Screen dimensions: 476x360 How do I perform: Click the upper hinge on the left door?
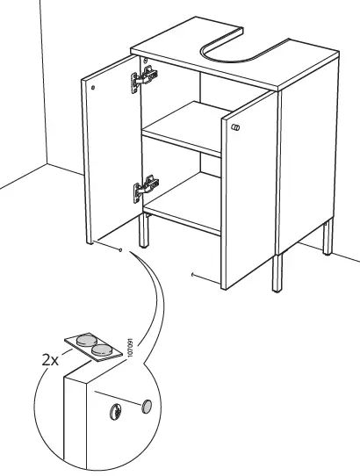[x=144, y=82]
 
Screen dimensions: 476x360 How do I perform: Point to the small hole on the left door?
[x=93, y=87]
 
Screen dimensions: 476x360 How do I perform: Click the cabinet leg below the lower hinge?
[x=143, y=234]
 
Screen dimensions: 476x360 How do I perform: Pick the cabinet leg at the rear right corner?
[x=330, y=239]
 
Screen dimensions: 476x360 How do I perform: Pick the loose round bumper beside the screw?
[x=147, y=405]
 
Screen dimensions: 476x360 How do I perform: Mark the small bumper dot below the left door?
[x=119, y=249]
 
